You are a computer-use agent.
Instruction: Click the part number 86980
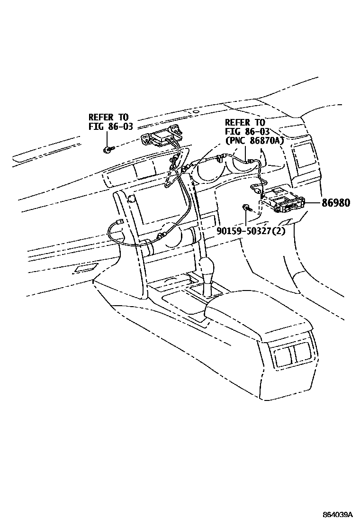coord(336,203)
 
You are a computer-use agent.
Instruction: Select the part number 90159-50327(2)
coord(252,232)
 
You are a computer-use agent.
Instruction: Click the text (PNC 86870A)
coord(254,141)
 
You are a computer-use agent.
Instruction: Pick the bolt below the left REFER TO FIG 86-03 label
coord(109,150)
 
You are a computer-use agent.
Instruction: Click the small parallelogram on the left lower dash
coord(84,269)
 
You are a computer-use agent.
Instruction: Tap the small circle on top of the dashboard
coord(196,113)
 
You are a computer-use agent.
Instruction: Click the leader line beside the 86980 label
coord(313,203)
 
